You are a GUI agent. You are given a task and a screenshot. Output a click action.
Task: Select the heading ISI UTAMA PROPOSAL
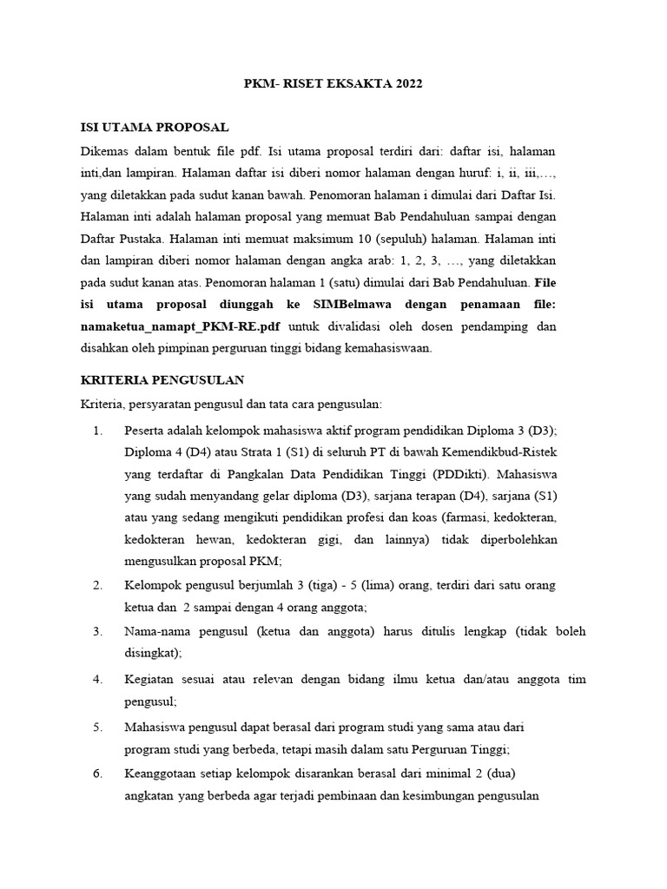(155, 128)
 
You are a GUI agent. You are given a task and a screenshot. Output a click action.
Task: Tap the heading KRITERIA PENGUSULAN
(162, 379)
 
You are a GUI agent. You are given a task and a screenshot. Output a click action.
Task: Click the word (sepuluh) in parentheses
(405, 238)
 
